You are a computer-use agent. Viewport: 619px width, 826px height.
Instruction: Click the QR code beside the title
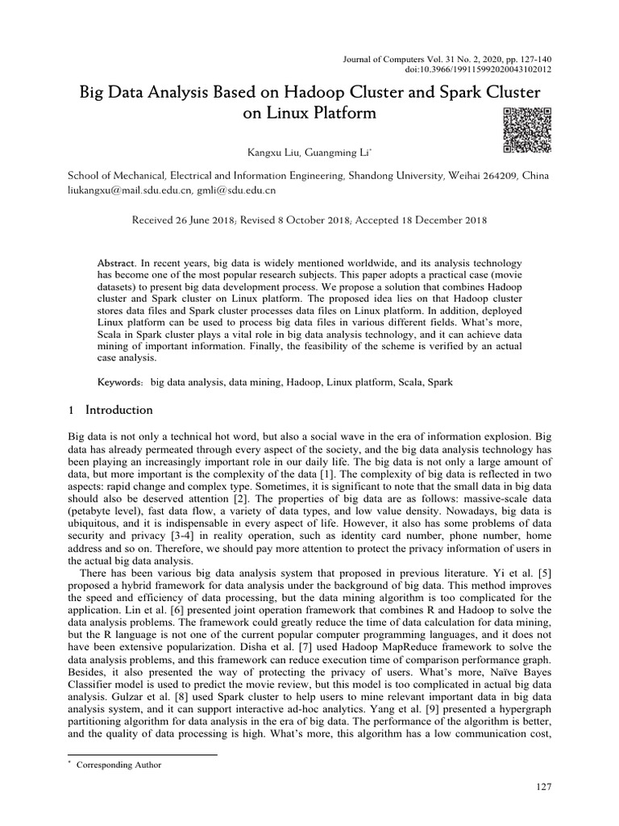(520, 130)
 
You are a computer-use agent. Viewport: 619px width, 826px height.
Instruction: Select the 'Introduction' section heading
(121, 410)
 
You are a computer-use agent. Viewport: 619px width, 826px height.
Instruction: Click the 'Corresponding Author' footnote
(118, 766)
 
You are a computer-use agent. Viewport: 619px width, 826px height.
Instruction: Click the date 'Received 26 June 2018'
(183, 219)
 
